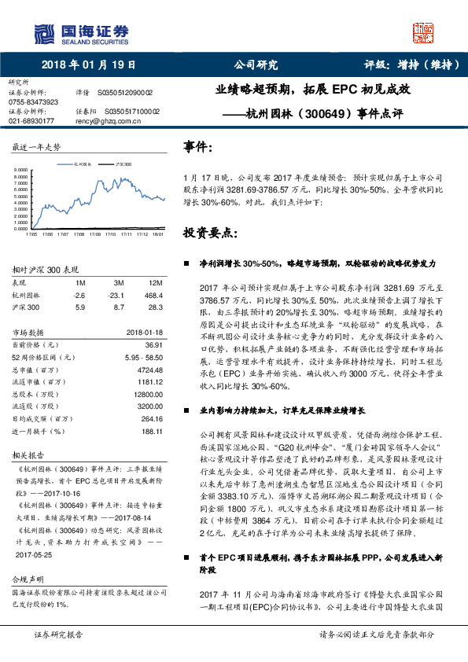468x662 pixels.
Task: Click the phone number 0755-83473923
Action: coord(33,102)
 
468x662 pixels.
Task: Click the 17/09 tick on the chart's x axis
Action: coord(95,234)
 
